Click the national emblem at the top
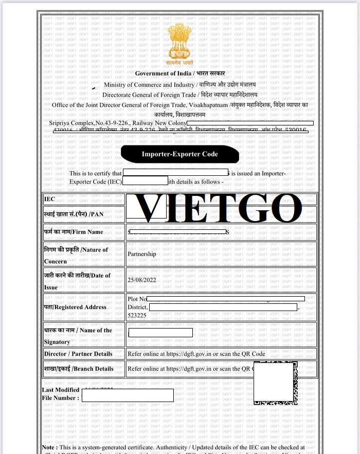point(179,44)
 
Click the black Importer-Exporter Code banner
point(180,154)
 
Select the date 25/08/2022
point(141,280)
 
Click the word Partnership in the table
point(142,254)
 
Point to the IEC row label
point(50,198)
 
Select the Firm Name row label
point(74,232)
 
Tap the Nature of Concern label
point(76,255)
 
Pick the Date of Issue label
point(77,281)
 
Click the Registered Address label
point(75,307)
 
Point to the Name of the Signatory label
point(78,336)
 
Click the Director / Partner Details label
point(78,354)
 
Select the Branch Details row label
point(78,368)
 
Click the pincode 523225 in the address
point(136,315)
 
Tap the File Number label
point(61,397)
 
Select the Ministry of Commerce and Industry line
point(179,84)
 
